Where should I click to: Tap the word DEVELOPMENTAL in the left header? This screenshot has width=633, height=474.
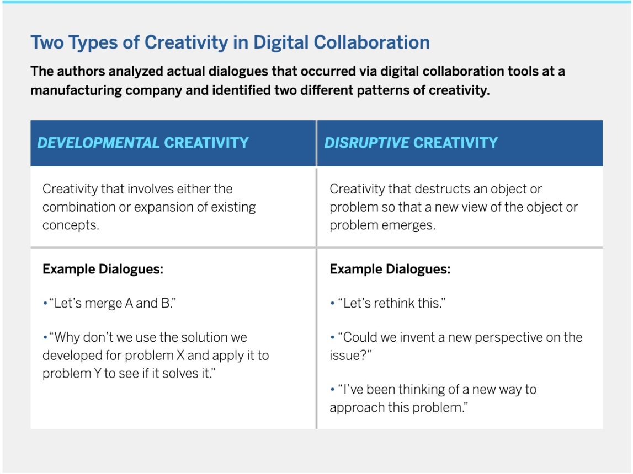click(x=98, y=143)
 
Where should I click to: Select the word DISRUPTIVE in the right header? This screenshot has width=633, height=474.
click(x=366, y=143)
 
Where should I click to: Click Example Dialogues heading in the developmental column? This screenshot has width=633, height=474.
click(x=103, y=269)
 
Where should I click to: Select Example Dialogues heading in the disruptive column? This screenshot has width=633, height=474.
click(x=390, y=269)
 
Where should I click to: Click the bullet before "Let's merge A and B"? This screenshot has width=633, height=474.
click(x=45, y=303)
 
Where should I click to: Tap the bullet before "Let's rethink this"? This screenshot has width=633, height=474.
click(x=332, y=303)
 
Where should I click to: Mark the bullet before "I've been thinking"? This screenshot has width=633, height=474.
click(x=332, y=389)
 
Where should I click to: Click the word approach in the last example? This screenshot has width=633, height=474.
click(x=357, y=408)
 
